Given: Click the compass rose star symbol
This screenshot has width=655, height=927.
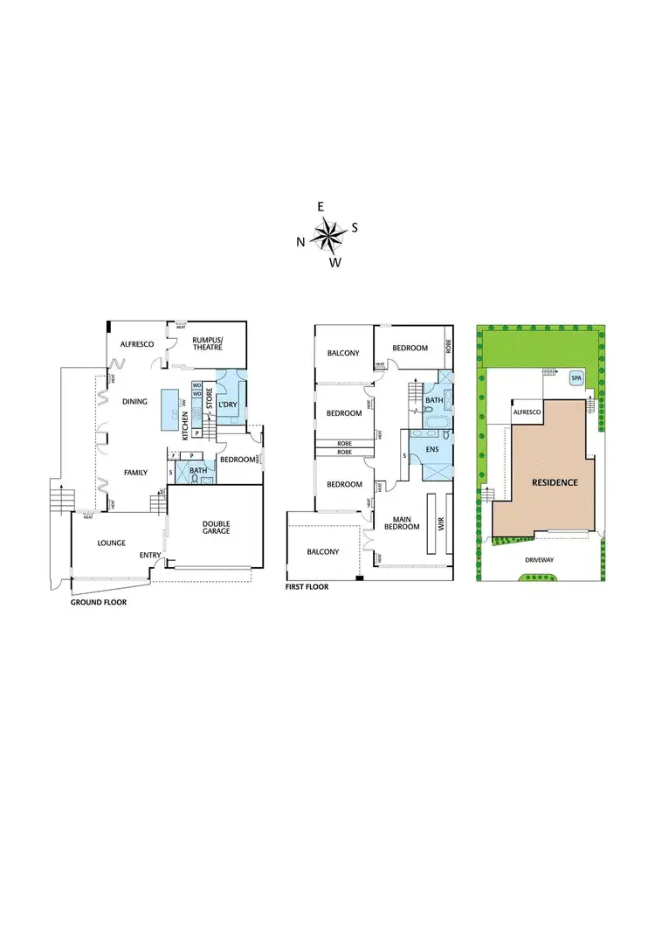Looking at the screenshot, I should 327,232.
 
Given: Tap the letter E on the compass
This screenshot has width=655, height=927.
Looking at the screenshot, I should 321,206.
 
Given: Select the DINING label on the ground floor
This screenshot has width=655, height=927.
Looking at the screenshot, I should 134,402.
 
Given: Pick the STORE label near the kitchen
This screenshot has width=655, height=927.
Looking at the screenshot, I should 210,409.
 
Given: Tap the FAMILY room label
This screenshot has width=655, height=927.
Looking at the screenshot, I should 134,472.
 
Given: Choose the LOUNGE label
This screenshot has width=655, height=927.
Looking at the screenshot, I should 112,543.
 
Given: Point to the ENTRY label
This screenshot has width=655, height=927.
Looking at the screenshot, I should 149,555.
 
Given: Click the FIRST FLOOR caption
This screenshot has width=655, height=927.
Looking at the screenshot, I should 307,587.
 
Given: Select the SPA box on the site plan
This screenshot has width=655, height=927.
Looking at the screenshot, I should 576,378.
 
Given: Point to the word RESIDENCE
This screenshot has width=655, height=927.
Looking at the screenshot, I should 550,481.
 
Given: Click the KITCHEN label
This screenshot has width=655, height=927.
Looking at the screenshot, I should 183,425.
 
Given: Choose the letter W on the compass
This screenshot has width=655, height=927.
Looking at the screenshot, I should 334,261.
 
